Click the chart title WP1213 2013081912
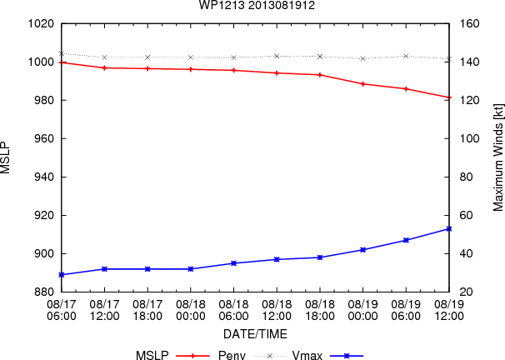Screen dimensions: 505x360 (x=257, y=5)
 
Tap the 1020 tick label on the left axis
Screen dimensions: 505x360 (x=41, y=23)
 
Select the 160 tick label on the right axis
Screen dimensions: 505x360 (x=469, y=23)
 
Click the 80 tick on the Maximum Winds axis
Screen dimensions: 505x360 (x=466, y=177)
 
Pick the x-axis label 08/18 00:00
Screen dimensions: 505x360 (x=191, y=310)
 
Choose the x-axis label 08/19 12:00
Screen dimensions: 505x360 (x=449, y=310)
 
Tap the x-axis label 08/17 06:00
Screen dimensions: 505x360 (x=62, y=310)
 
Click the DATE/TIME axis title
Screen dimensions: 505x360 (x=255, y=334)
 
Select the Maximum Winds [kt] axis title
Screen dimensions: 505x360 (x=497, y=157)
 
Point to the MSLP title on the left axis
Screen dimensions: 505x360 (x=6, y=157)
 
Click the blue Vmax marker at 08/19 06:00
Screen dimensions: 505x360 (x=406, y=240)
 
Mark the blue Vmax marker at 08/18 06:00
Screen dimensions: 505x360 (x=234, y=263)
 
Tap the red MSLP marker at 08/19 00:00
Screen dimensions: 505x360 (x=363, y=84)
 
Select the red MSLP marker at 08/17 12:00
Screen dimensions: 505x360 (x=104, y=68)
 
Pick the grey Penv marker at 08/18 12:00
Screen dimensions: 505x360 (x=277, y=56)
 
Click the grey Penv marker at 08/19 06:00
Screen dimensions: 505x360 (x=406, y=56)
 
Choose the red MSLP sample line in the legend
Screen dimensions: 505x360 (x=192, y=356)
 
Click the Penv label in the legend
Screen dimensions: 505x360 (x=232, y=356)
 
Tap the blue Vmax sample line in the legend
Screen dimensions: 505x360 (x=347, y=356)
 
